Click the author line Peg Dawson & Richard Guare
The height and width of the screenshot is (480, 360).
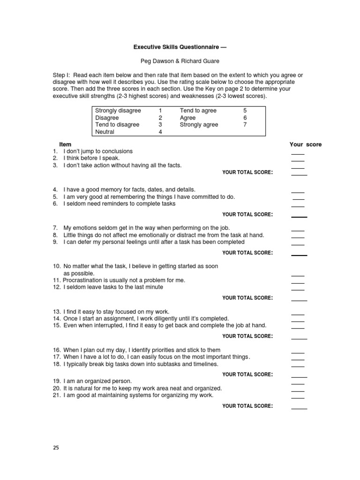[x=180, y=61]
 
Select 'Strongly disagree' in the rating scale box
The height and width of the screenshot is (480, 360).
[x=118, y=111]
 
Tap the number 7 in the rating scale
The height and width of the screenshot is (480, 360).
[x=244, y=125]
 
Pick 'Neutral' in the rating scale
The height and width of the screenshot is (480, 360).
[x=105, y=132]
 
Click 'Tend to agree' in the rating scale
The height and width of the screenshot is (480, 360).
[x=198, y=111]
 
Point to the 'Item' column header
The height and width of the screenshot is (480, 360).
[x=65, y=144]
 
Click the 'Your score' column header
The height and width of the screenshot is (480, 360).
[x=306, y=144]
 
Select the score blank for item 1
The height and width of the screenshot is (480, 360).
[x=298, y=153]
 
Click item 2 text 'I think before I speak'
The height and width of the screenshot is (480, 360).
[x=91, y=158]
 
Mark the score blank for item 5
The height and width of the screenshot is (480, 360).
[x=298, y=199]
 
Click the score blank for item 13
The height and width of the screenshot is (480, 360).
[x=298, y=314]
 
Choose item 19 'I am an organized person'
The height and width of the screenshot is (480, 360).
[x=97, y=381]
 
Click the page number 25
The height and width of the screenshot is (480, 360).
[x=56, y=448]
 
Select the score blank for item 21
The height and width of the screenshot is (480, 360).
[x=298, y=397]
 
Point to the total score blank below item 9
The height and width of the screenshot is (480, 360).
[x=299, y=255]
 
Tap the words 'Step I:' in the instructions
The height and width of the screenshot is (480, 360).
[x=61, y=75]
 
